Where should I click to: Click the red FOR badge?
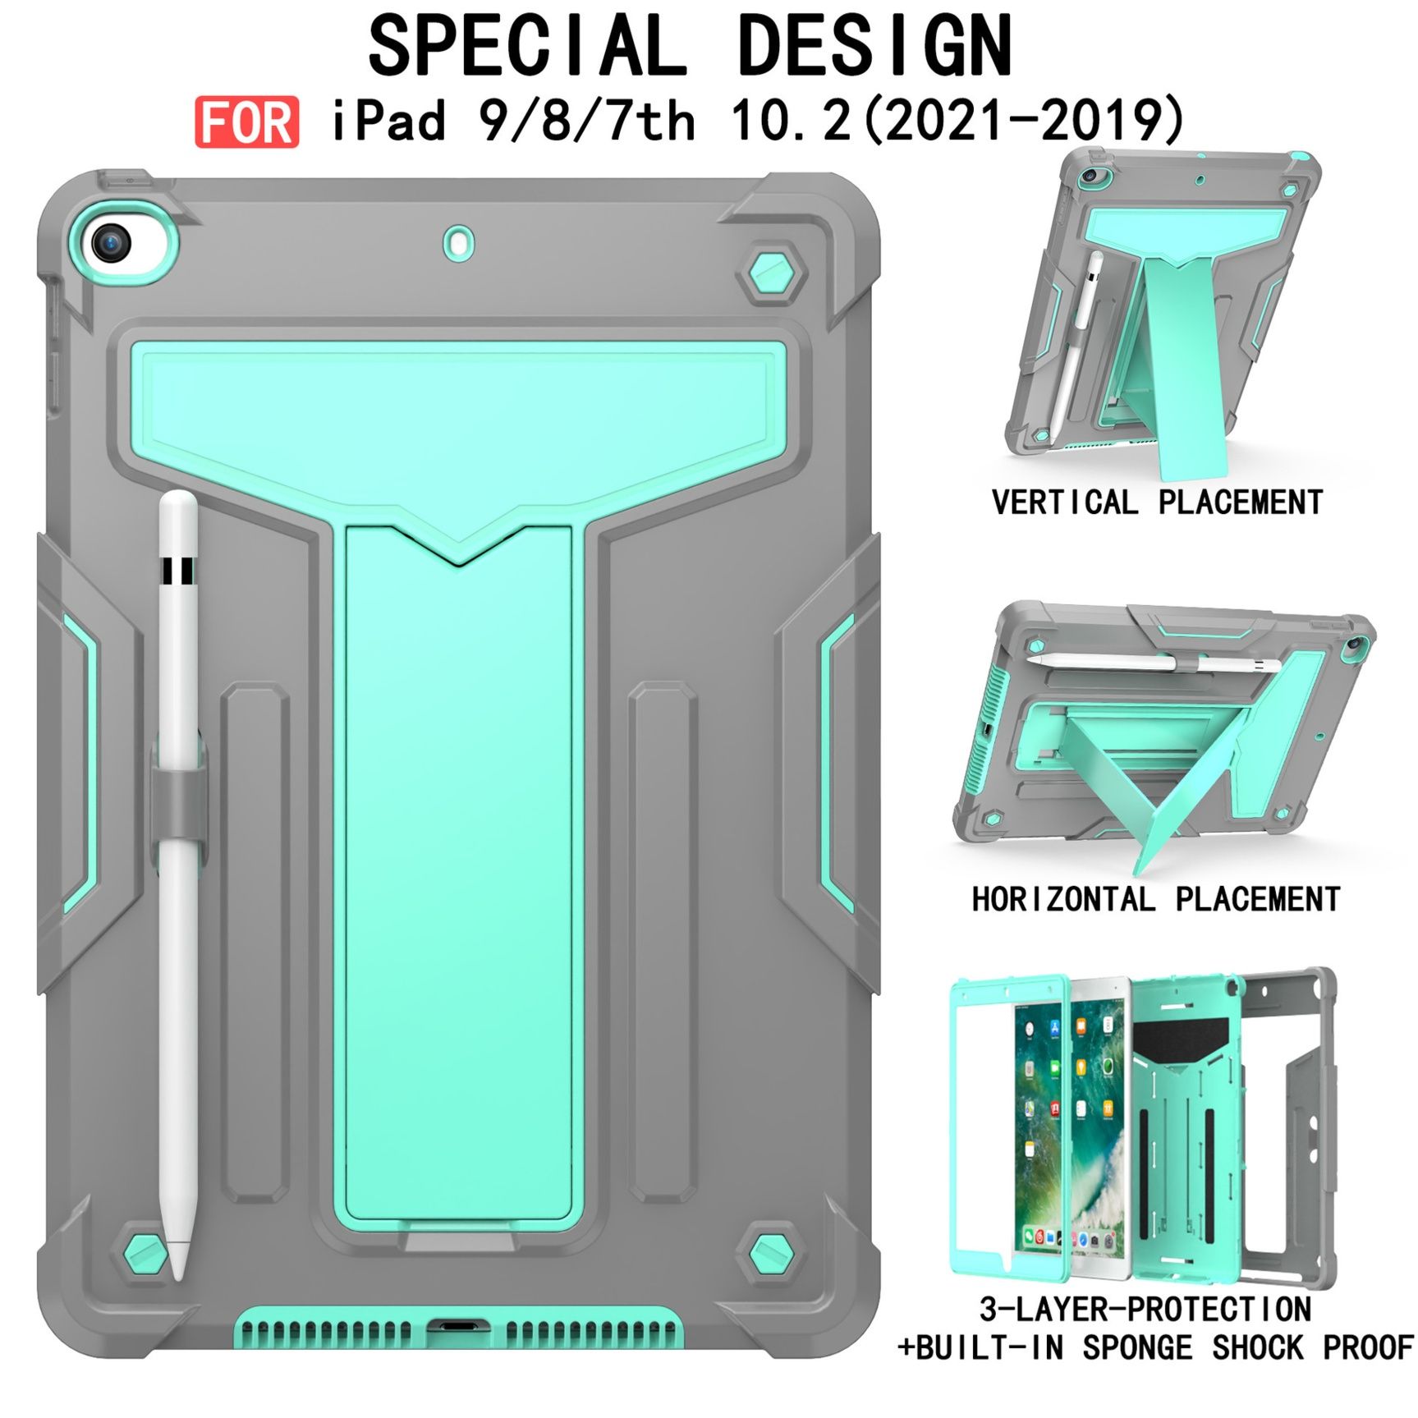click(x=246, y=122)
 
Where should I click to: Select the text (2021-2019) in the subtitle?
click(x=1025, y=121)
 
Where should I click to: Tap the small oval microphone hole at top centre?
click(x=459, y=243)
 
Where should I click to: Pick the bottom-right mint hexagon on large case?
click(x=772, y=1253)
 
